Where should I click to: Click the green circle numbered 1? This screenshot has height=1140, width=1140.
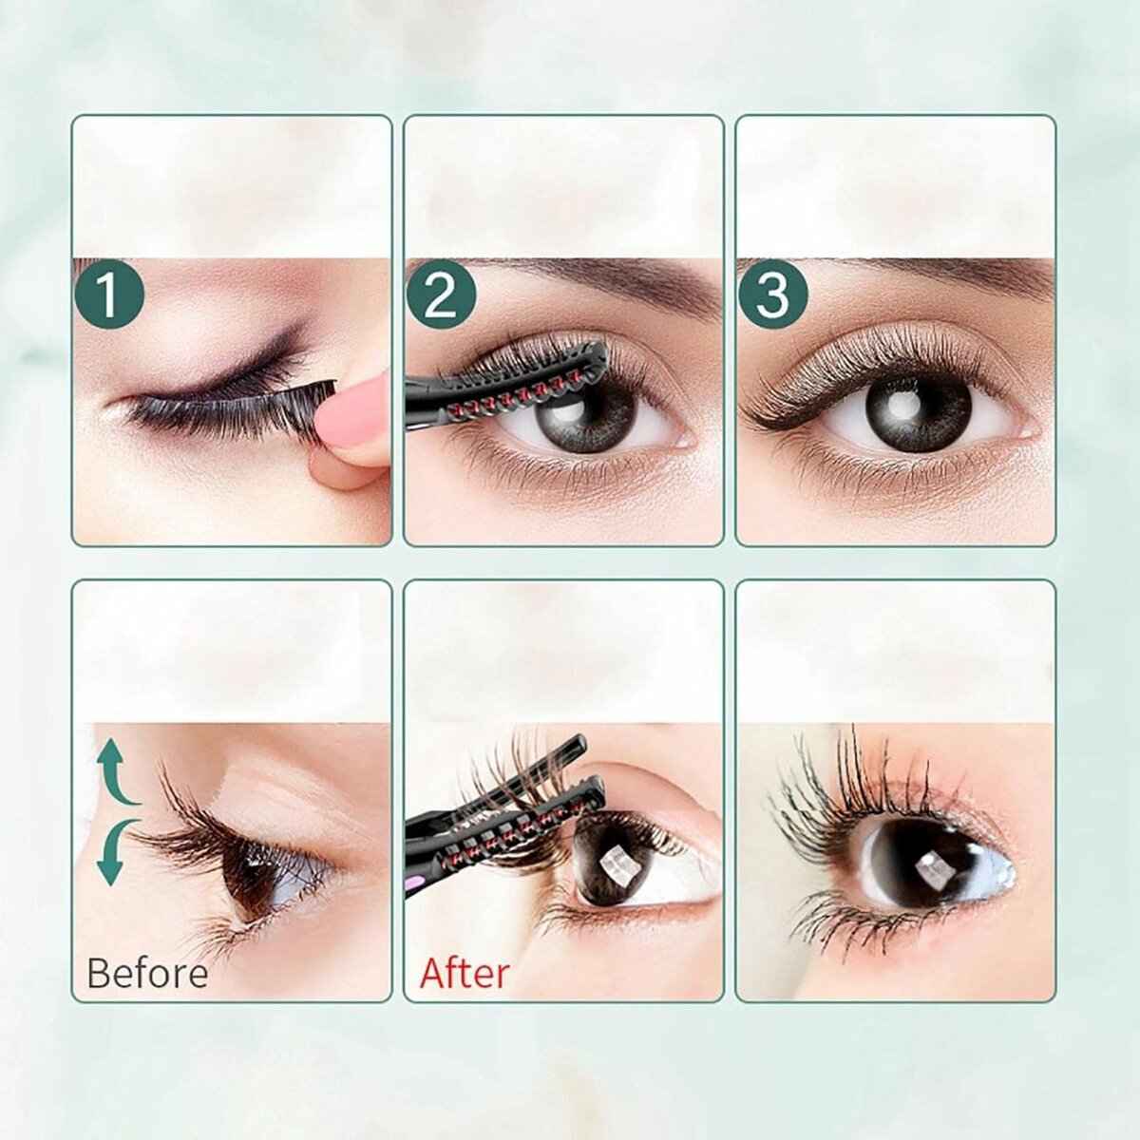[x=109, y=294]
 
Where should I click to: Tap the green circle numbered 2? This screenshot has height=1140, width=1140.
[x=442, y=294]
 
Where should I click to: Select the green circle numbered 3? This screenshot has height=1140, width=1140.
[x=773, y=294]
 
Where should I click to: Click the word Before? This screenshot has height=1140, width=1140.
[x=147, y=972]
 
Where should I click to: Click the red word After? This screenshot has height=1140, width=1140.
[x=465, y=972]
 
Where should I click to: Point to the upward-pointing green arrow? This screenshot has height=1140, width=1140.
[x=116, y=772]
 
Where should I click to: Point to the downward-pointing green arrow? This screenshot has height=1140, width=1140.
[x=116, y=852]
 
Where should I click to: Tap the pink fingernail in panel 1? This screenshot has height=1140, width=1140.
[x=351, y=412]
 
